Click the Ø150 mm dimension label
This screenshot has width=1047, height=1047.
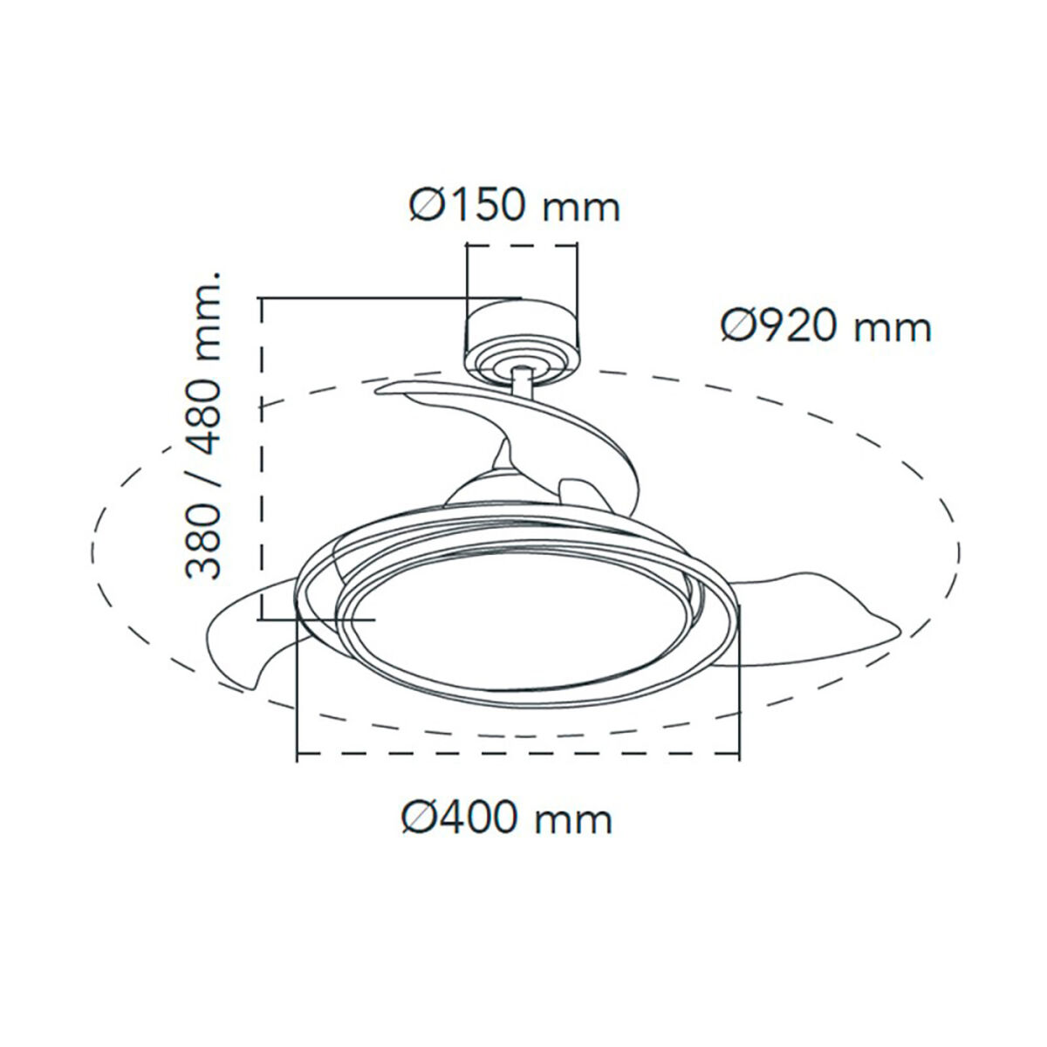tap(515, 207)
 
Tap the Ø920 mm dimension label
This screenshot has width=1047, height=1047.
tap(826, 327)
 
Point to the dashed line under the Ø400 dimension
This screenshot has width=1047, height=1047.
tap(518, 756)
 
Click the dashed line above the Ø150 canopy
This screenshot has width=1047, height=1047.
tap(521, 247)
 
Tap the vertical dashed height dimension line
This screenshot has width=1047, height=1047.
tap(261, 454)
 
